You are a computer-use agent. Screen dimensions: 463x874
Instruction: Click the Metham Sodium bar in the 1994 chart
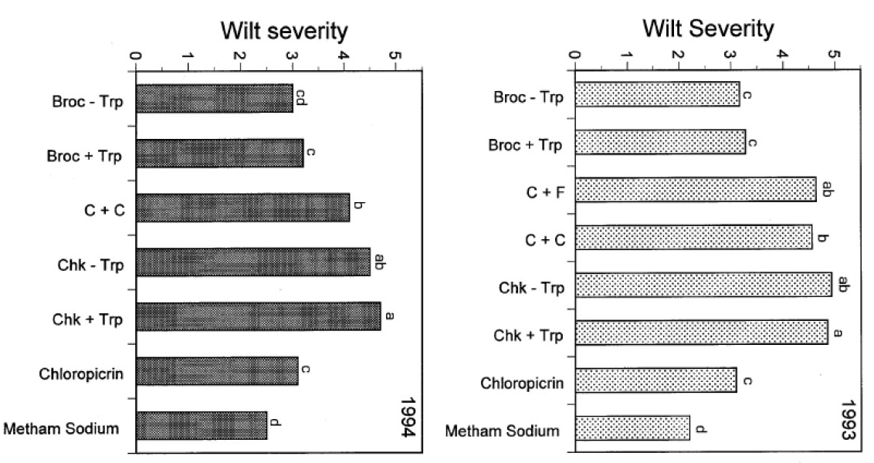(202, 425)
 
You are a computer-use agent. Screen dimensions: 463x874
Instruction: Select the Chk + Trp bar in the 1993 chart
(702, 333)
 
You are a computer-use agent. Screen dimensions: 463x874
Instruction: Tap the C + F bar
(696, 189)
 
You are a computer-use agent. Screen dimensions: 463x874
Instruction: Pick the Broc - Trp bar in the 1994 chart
(215, 99)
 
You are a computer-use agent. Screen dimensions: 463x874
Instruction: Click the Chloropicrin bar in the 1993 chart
(656, 380)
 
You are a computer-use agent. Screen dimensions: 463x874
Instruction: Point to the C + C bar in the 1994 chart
(242, 208)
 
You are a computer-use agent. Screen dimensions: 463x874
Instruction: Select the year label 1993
(848, 421)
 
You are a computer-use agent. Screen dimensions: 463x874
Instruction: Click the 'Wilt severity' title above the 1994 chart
(284, 32)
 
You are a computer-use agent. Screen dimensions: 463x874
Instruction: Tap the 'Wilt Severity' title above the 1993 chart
(708, 29)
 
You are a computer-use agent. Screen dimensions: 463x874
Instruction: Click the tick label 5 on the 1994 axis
(395, 56)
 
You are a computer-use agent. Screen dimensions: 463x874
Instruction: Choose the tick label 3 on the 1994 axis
(292, 56)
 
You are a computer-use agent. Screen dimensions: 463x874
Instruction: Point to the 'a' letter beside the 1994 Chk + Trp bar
(389, 316)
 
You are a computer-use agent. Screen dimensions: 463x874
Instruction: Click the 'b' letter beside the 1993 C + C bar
(823, 238)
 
